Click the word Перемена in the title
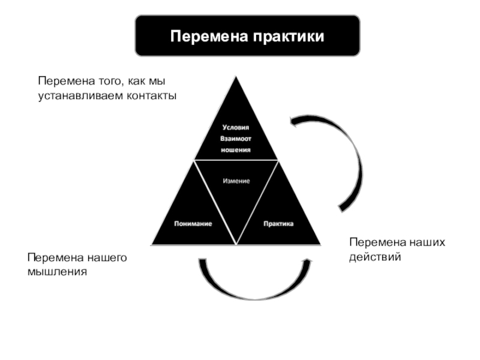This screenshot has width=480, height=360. (x=208, y=37)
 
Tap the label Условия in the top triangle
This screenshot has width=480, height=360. (x=235, y=127)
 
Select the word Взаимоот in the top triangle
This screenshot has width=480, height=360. (x=235, y=138)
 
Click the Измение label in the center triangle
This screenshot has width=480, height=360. (x=236, y=181)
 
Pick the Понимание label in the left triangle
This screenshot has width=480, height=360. (x=193, y=223)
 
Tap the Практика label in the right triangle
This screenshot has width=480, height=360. (x=278, y=223)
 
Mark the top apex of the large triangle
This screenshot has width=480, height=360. (x=235, y=76)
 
